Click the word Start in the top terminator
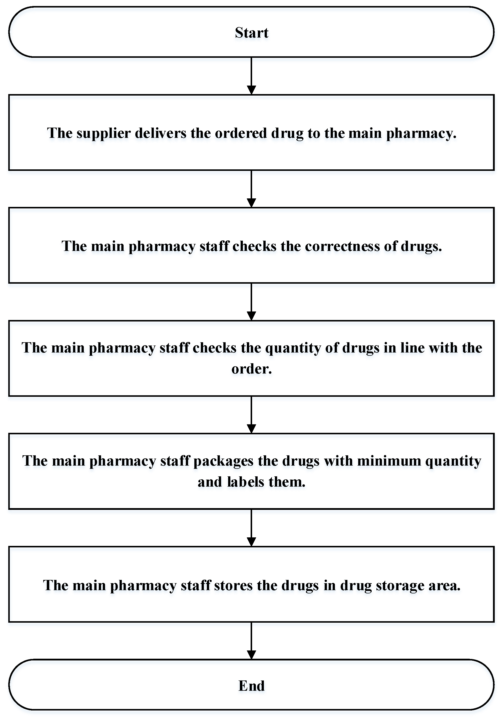click(251, 33)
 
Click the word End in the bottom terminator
click(251, 685)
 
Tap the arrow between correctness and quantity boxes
click(251, 301)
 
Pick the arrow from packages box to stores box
click(251, 528)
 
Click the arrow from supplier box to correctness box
click(251, 189)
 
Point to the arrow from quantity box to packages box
click(251, 415)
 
